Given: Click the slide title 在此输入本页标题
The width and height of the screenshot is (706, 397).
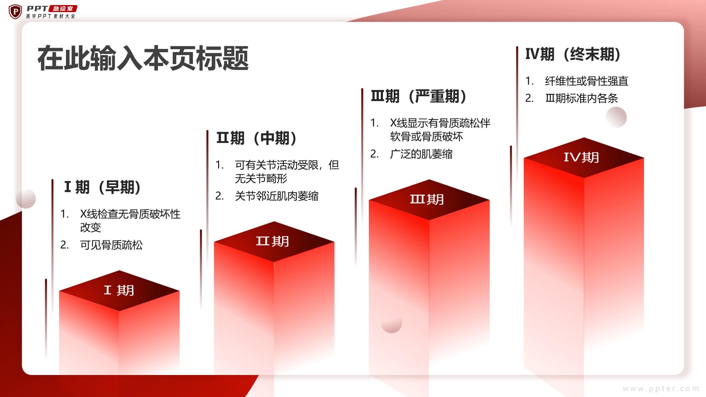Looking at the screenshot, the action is [143, 58].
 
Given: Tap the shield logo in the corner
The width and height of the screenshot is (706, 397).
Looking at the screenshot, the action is [15, 12].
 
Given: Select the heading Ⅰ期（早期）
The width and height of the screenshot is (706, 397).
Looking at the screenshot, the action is [102, 187].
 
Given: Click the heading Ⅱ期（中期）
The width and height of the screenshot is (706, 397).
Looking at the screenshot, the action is [256, 138].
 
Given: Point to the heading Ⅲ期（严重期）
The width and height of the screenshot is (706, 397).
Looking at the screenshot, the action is [419, 96].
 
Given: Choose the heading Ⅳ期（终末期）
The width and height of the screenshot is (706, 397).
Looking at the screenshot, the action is [573, 54].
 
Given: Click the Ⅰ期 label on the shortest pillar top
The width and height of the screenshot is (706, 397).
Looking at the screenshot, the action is [119, 290].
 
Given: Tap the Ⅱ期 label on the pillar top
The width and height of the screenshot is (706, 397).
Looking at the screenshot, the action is [273, 241].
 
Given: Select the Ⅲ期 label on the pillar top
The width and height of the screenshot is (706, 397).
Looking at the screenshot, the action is [427, 199].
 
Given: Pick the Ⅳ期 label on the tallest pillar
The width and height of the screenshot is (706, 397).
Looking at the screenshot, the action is [581, 157].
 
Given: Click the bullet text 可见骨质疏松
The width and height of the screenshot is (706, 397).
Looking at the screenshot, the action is [112, 245].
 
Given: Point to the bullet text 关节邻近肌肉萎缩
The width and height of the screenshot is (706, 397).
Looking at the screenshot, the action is [277, 196].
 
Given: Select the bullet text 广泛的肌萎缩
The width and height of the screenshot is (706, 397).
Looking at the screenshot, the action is [421, 154].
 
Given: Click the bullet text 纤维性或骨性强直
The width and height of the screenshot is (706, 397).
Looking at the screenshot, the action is [587, 81].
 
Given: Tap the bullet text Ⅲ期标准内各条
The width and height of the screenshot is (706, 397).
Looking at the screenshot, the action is [582, 98].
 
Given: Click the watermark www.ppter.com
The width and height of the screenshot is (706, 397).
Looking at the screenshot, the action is [661, 389].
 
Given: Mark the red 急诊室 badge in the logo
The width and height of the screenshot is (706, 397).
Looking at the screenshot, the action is [63, 9].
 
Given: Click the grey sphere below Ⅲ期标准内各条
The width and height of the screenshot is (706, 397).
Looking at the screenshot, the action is [616, 117].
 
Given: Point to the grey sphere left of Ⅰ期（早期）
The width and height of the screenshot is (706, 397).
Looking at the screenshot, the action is [26, 198].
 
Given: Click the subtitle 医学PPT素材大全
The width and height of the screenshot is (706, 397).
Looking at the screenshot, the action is [51, 16].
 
